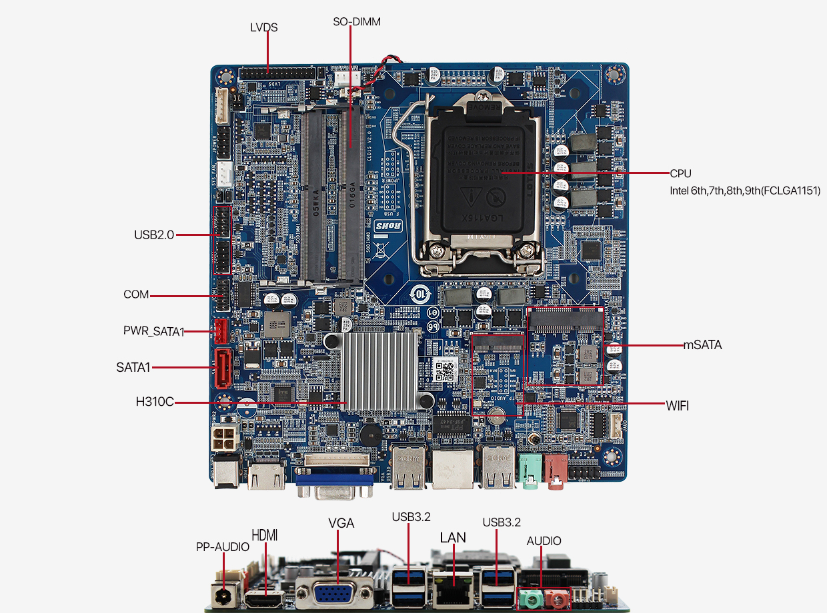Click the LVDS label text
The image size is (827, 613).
[264, 27]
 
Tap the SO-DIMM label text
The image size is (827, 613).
[357, 22]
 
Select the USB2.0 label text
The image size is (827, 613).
[154, 235]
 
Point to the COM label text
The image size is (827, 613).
[136, 295]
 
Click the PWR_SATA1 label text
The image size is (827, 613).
[154, 331]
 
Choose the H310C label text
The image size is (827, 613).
[155, 402]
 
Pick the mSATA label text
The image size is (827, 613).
[702, 345]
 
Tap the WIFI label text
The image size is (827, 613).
[677, 405]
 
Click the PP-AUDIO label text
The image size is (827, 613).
[223, 547]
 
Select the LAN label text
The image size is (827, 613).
[453, 538]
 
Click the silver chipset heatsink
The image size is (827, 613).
[379, 370]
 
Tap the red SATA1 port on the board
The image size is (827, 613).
[222, 368]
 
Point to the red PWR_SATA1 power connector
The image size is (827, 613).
[221, 330]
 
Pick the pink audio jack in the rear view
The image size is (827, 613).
[556, 600]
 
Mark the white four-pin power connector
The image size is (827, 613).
[223, 439]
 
